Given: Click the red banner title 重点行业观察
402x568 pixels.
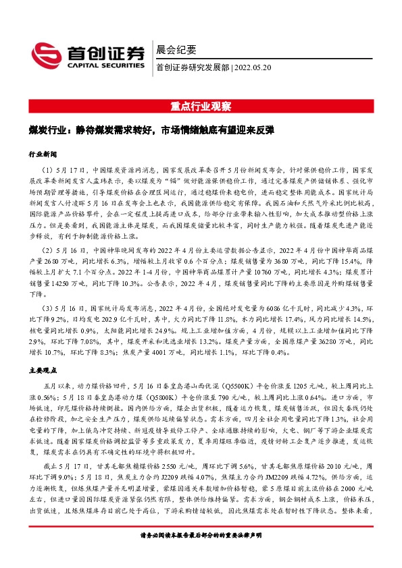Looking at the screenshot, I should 201,107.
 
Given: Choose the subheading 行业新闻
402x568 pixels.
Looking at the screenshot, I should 41,154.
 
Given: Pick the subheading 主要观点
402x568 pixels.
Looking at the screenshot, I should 41,370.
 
